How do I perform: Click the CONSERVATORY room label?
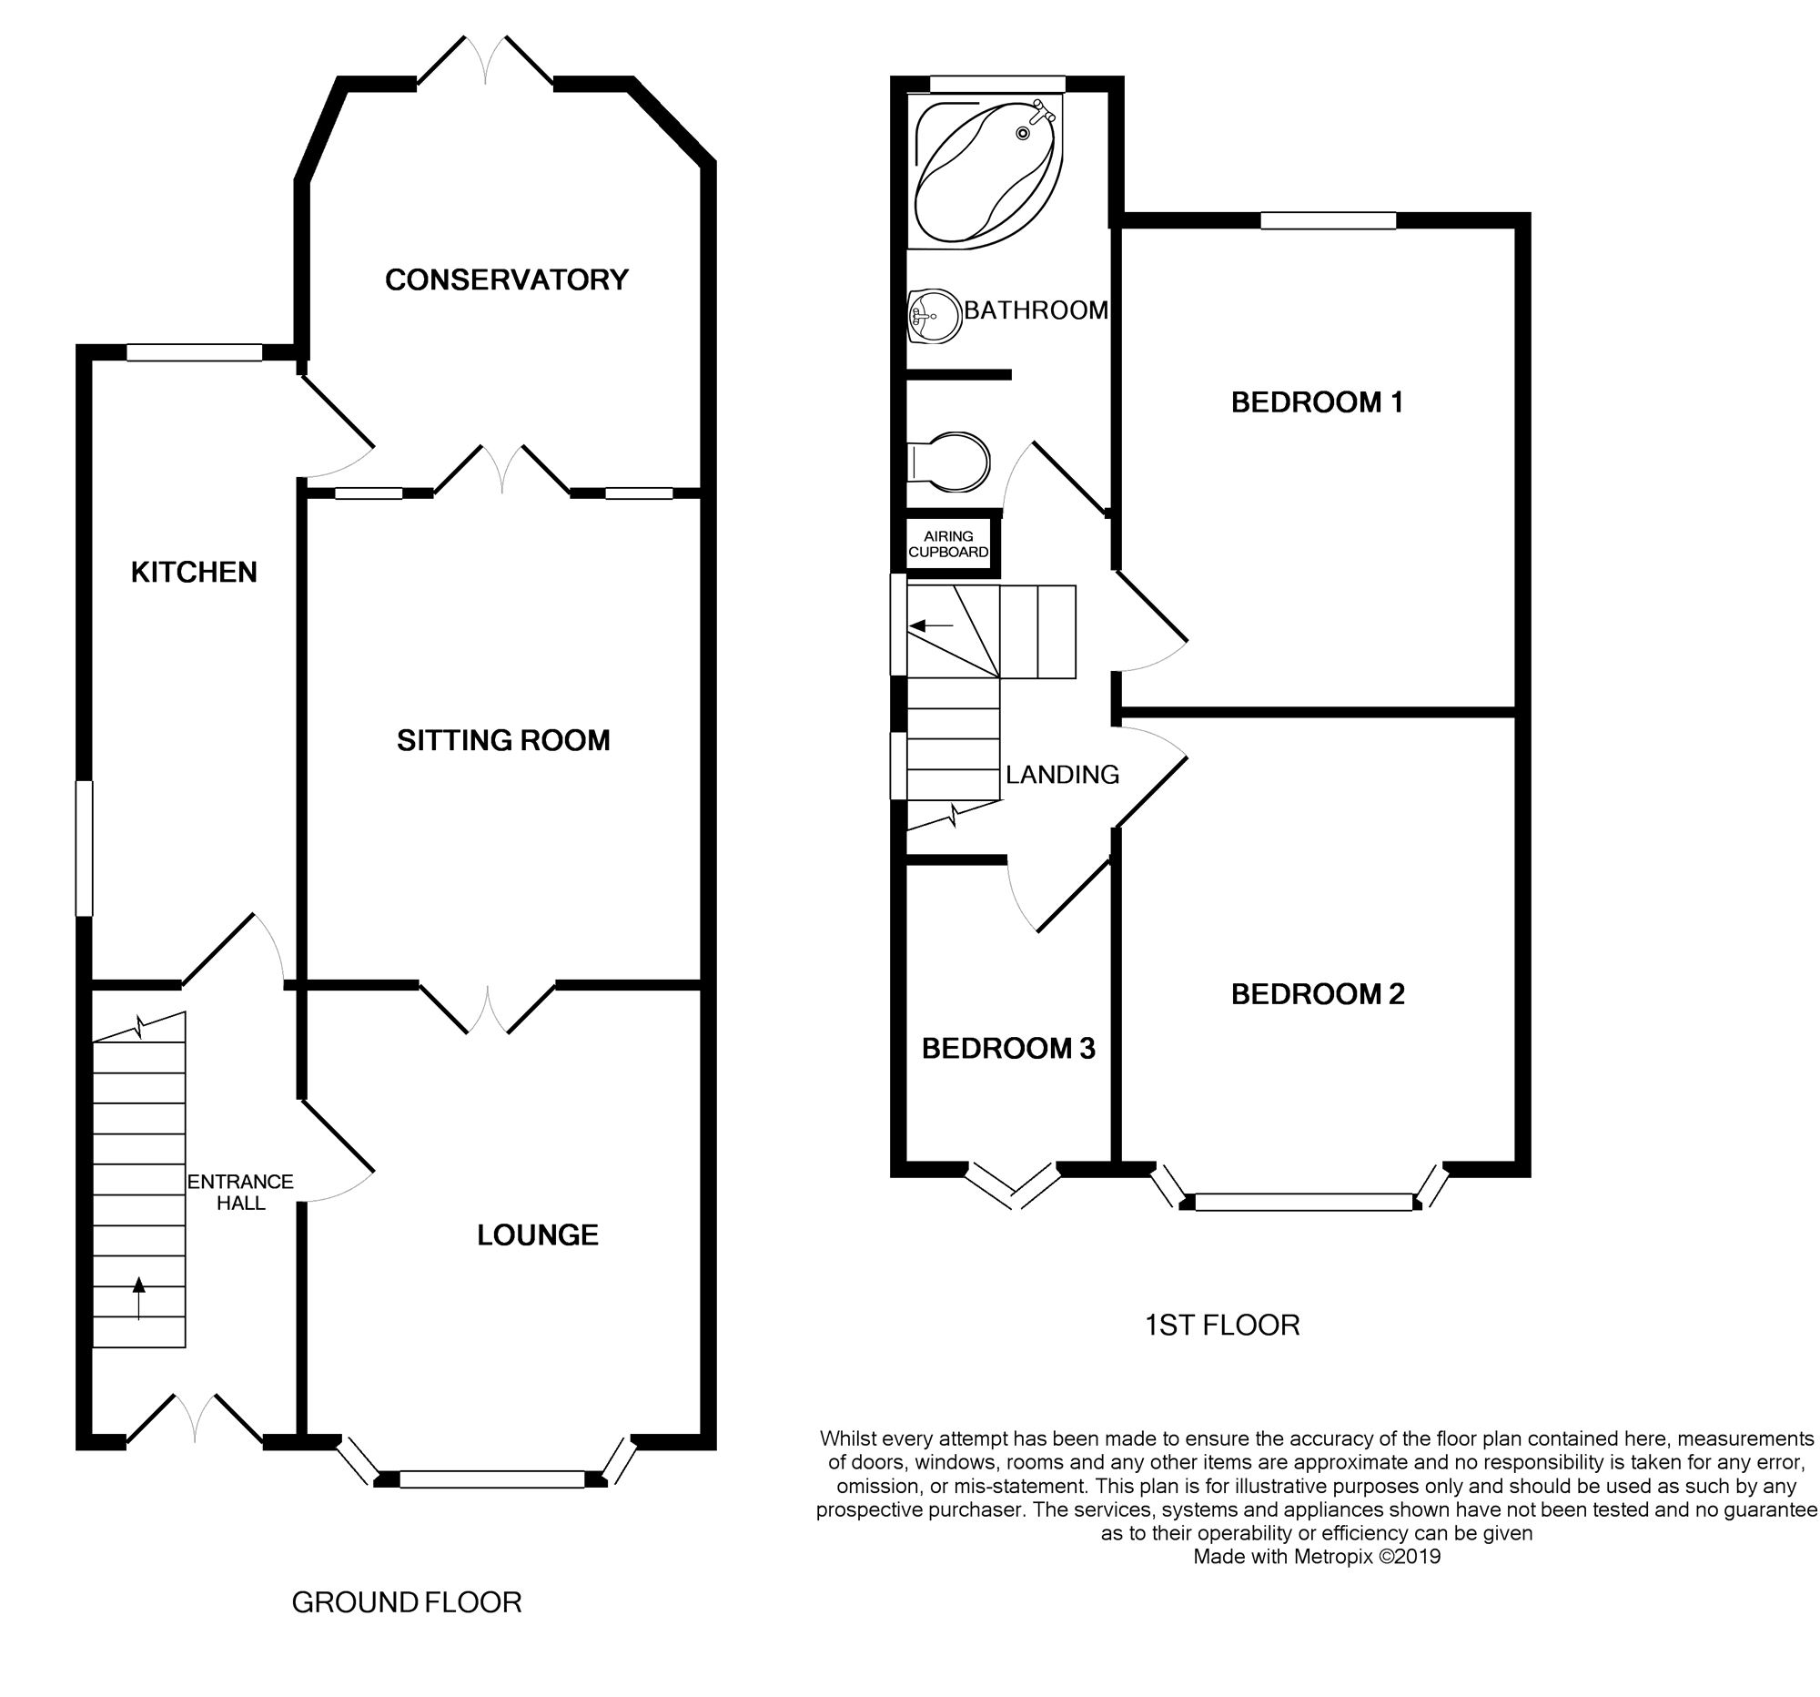[x=506, y=279]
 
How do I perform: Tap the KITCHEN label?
[x=193, y=573]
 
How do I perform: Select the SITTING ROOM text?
[x=502, y=740]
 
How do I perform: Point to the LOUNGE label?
[x=538, y=1235]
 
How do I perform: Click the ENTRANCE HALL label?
[x=240, y=1193]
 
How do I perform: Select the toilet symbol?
[x=952, y=462]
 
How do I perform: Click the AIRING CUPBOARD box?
[x=947, y=544]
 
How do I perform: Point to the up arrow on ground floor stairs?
[x=138, y=1297]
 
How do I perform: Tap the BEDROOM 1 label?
[x=1317, y=402]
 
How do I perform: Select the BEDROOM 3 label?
[x=1008, y=1049]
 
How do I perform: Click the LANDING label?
[x=1062, y=775]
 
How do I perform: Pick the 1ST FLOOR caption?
[x=1221, y=1326]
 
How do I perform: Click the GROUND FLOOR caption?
[x=407, y=1601]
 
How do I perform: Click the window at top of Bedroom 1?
[x=1328, y=219]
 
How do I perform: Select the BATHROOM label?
[x=1036, y=310]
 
